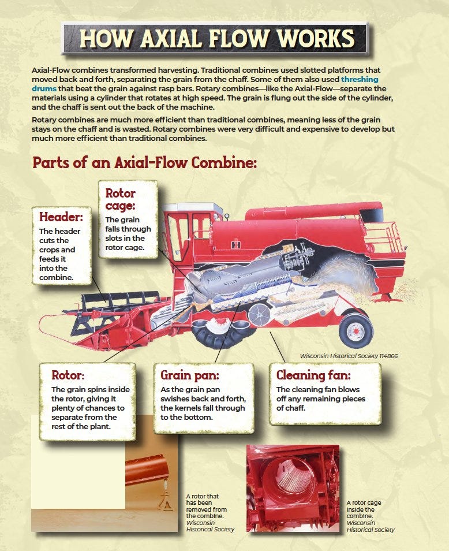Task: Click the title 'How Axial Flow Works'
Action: coord(216,38)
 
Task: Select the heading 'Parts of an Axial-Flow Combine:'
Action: coord(144,163)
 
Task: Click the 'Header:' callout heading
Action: coord(61,217)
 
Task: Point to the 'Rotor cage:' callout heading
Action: coord(121,199)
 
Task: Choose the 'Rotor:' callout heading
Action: coord(68,375)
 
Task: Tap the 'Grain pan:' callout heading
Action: coord(190,375)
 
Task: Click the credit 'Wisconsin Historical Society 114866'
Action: coord(349,356)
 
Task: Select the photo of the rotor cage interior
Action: coord(293,488)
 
